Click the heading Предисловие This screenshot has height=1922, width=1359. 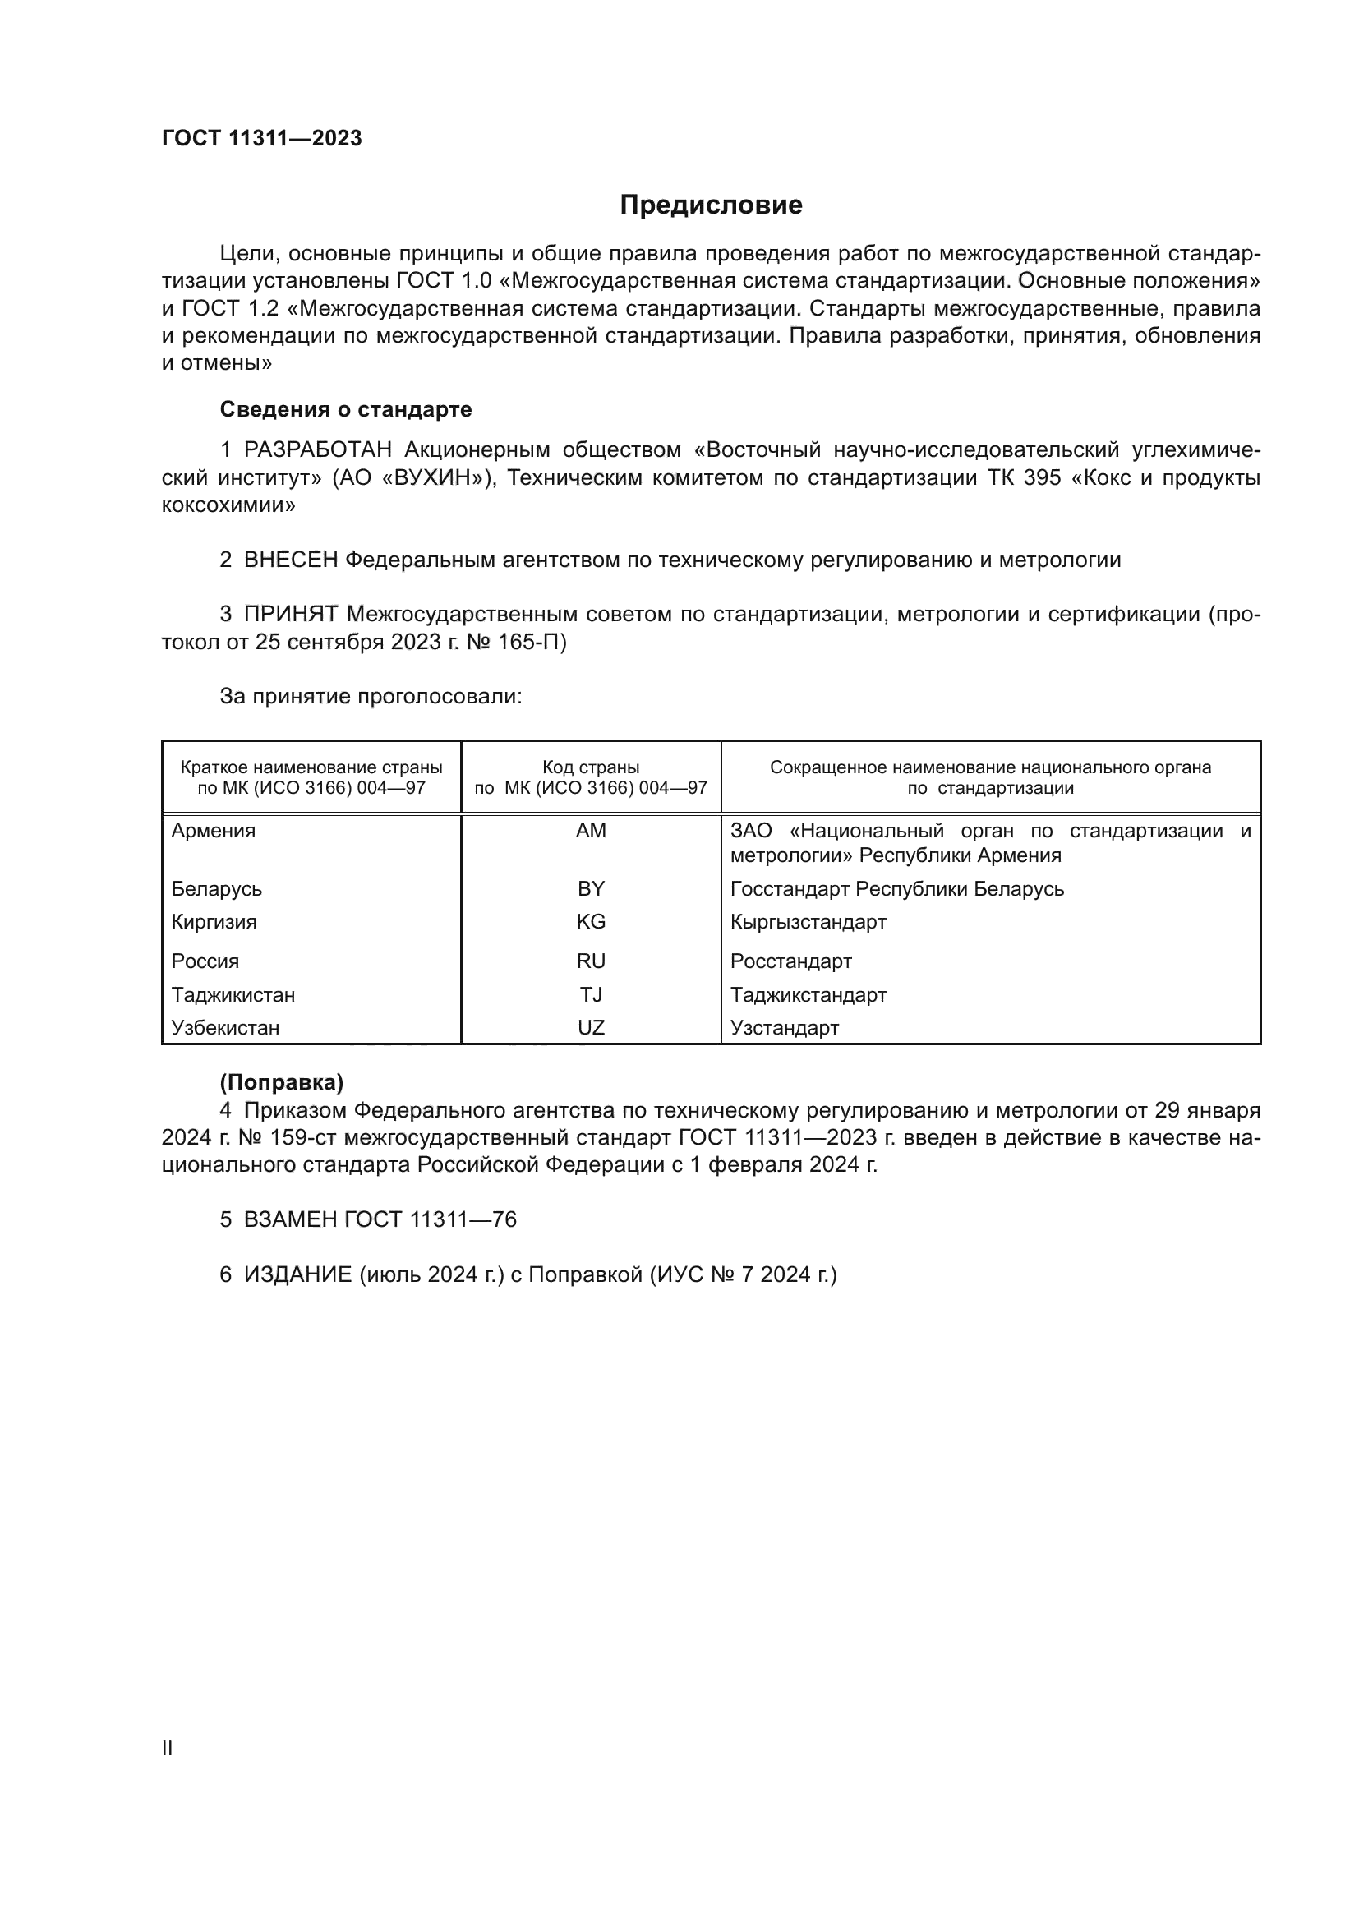click(711, 205)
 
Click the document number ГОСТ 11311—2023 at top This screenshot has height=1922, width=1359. click(262, 138)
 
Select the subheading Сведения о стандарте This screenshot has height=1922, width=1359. click(346, 409)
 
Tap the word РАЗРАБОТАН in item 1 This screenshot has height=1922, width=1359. click(317, 450)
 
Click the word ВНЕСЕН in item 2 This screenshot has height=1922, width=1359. click(290, 560)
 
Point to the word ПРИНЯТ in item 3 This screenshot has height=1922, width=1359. click(290, 615)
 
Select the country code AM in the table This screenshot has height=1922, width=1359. click(591, 831)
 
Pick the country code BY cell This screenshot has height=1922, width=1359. click(591, 888)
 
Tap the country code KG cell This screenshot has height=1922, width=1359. click(591, 922)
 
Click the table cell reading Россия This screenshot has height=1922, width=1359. click(205, 961)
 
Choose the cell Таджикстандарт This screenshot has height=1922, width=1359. click(808, 994)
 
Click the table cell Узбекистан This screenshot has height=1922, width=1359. click(225, 1027)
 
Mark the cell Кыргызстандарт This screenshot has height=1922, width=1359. click(808, 922)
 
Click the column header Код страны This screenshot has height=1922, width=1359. click(591, 767)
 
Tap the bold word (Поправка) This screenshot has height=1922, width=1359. click(281, 1082)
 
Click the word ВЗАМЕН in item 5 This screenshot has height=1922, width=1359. click(290, 1219)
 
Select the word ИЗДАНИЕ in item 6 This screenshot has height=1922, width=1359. click(298, 1274)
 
